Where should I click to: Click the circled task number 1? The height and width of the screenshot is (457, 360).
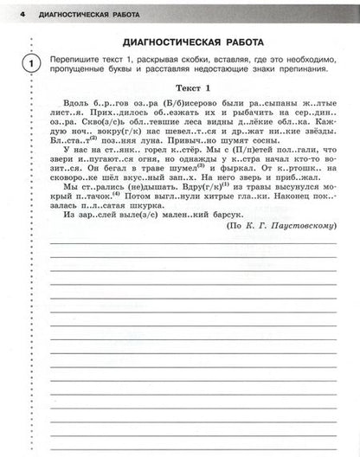pyautogui.click(x=31, y=63)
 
